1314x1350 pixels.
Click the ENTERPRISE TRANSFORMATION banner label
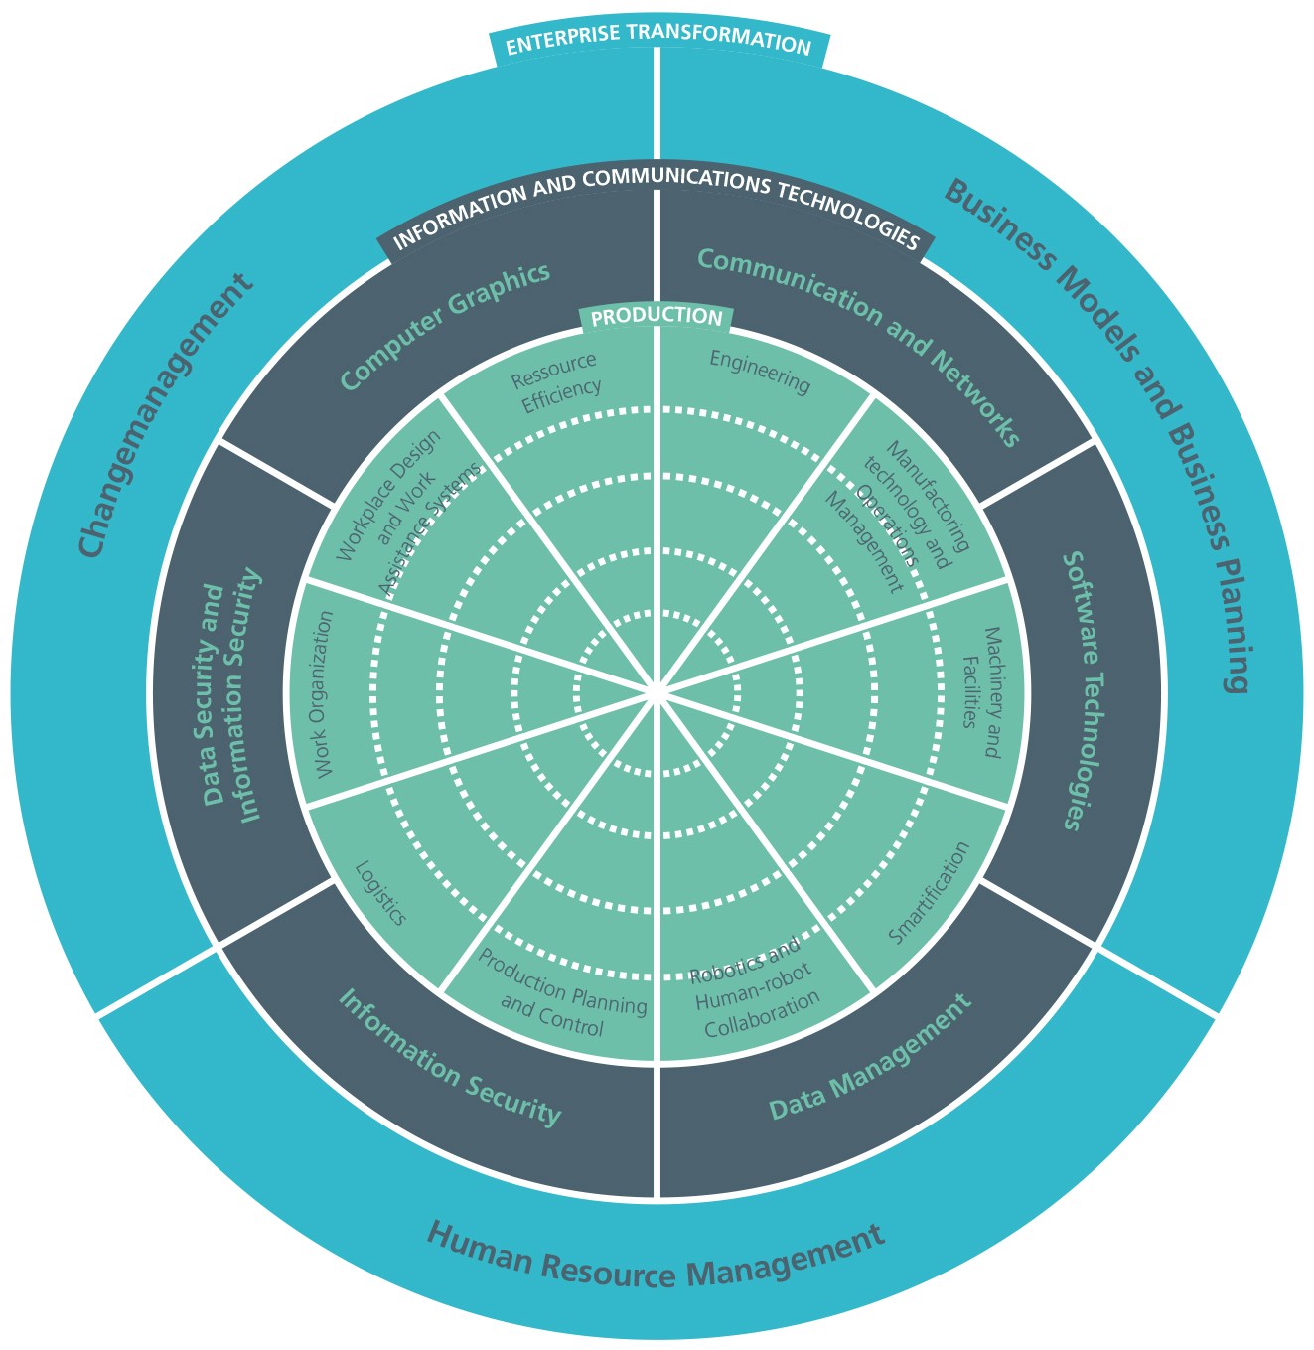point(657,44)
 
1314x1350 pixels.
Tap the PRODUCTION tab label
point(657,317)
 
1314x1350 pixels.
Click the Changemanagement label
point(164,415)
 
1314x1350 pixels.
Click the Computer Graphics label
point(445,325)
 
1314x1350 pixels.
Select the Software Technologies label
point(1083,690)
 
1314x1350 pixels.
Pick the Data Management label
point(871,1058)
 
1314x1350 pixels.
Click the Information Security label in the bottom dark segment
point(449,1057)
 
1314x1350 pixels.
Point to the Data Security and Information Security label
point(231,695)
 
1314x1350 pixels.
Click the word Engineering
point(760,372)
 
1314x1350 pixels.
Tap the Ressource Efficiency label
point(556,382)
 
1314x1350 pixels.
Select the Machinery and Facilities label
point(983,692)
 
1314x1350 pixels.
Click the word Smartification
point(929,893)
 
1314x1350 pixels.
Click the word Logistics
point(380,893)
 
